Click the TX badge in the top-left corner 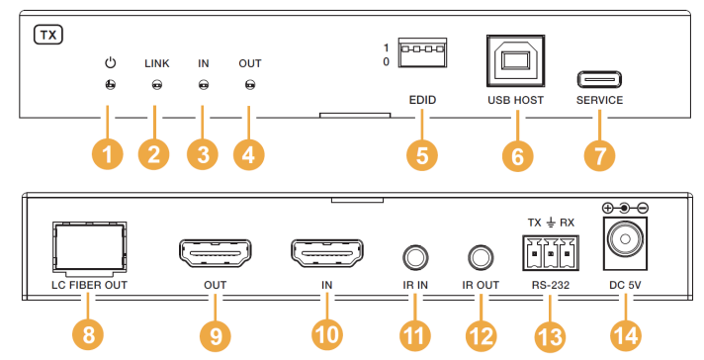48,35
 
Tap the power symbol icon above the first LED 111,62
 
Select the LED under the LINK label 156,84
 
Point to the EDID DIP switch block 422,52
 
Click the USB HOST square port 515,60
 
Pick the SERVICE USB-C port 599,80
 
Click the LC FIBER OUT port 89,248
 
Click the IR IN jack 415,258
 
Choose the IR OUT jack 481,258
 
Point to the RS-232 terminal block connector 551,253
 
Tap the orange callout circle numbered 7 599,155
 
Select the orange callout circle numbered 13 550,335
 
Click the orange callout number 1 108,155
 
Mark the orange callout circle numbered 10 327,335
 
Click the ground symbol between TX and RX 551,223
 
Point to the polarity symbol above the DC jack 625,209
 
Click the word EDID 422,100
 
